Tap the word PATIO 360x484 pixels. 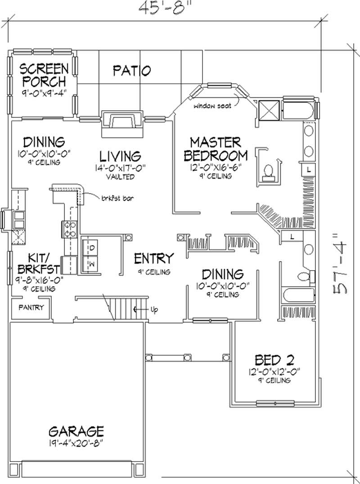(131, 71)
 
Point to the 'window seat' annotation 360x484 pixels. (212, 106)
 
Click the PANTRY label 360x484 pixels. (31, 308)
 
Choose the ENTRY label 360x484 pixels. (154, 259)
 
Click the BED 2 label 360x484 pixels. (274, 360)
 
